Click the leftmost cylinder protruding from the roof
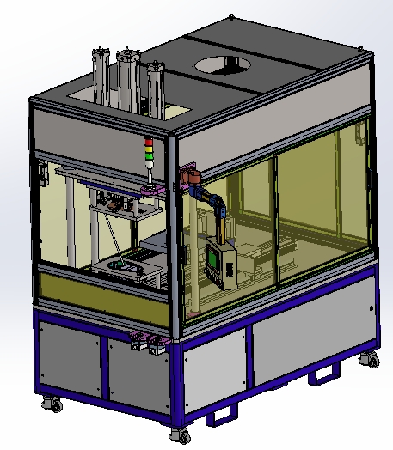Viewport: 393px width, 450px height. pyautogui.click(x=99, y=77)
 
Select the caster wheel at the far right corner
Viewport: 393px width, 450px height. pyautogui.click(x=372, y=360)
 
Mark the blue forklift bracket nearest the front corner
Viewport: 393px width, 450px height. pyautogui.click(x=223, y=414)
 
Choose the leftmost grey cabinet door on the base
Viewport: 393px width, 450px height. pyautogui.click(x=69, y=354)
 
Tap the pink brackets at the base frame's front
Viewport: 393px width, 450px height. pyautogui.click(x=144, y=344)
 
